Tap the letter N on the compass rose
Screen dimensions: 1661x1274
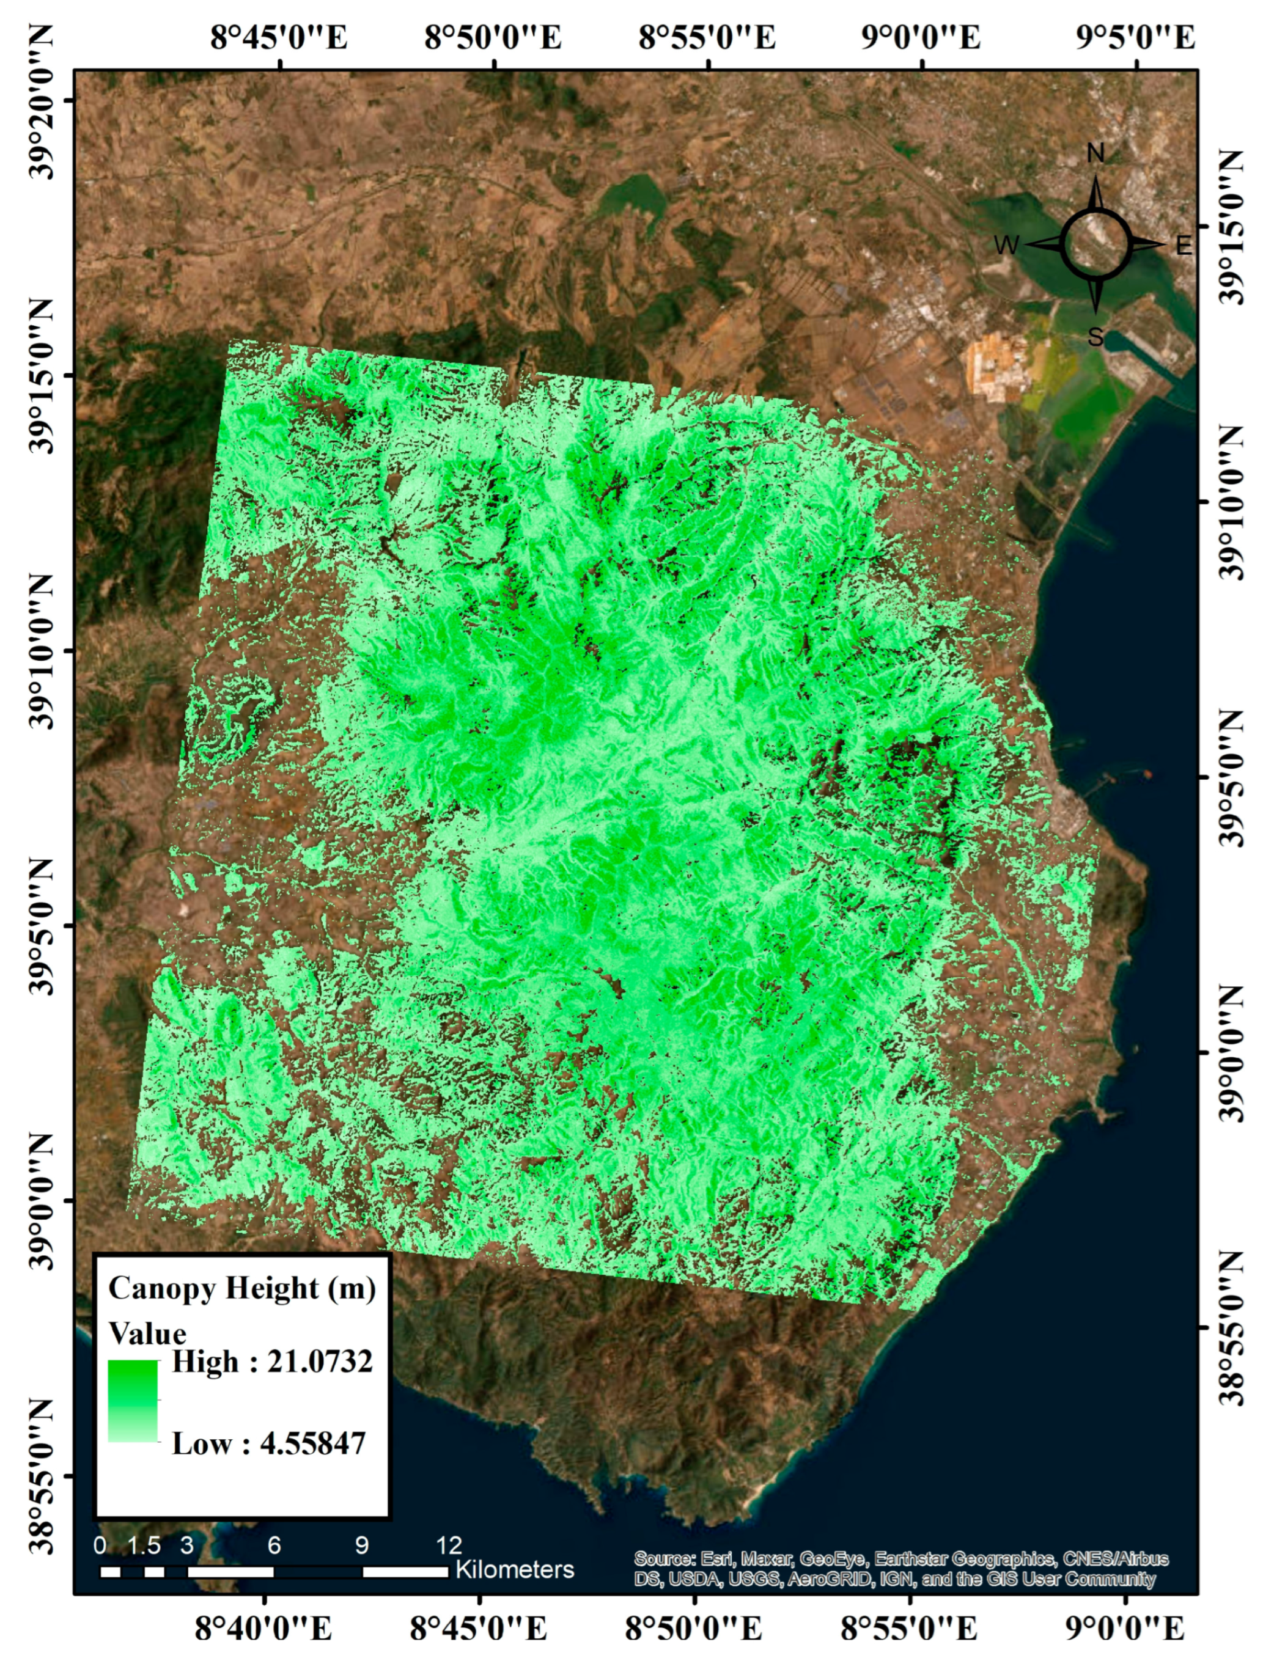click(x=1095, y=154)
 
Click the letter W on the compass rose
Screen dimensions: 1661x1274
click(x=1006, y=245)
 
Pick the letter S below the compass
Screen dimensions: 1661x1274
click(x=1095, y=336)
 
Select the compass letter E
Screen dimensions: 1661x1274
click(x=1183, y=246)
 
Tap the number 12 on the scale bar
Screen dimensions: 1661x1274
click(x=449, y=1544)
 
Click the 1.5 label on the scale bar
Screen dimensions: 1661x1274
click(x=144, y=1544)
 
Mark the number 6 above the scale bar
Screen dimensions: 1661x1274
click(x=274, y=1544)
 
